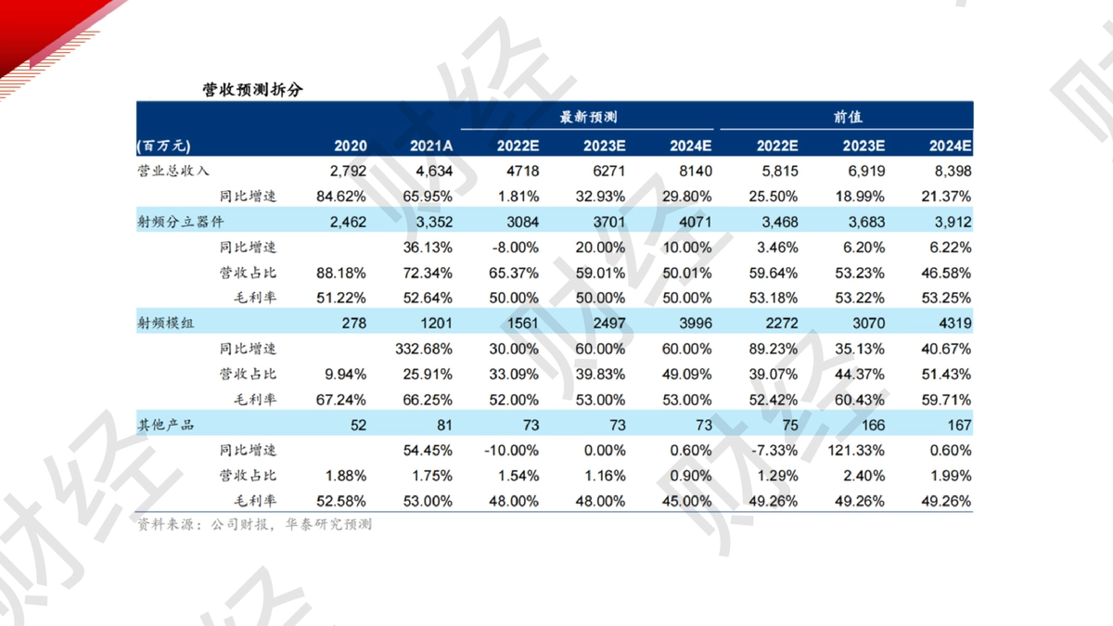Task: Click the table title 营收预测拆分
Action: point(252,90)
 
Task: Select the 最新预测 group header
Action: point(588,117)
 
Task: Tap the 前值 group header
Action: point(848,117)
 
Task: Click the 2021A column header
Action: point(430,147)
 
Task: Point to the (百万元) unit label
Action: point(163,147)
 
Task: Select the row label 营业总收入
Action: point(173,172)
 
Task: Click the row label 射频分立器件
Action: point(180,222)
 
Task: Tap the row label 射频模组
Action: point(165,324)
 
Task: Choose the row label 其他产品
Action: point(165,426)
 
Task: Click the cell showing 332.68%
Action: point(424,350)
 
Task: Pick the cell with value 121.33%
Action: point(856,451)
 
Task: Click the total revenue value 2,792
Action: point(348,172)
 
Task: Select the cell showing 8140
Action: point(696,172)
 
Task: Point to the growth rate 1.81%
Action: point(518,197)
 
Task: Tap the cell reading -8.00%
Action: point(516,248)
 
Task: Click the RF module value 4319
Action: point(955,324)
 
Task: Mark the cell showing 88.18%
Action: point(341,274)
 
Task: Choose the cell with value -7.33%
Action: point(774,451)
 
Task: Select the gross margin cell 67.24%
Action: point(341,400)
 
